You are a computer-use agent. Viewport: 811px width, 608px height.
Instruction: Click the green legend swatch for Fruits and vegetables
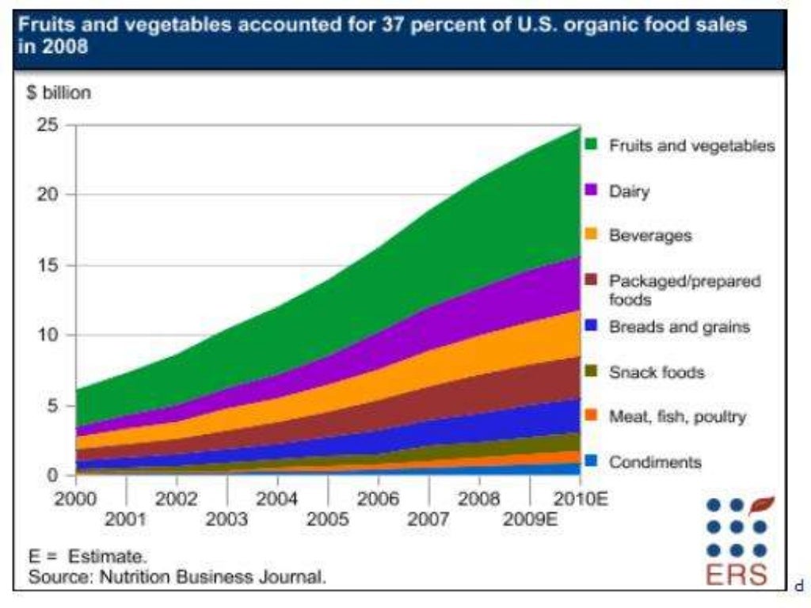click(x=590, y=145)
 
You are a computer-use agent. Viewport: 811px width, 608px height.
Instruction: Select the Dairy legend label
click(x=629, y=191)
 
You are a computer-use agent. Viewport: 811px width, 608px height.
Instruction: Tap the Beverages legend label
click(x=649, y=235)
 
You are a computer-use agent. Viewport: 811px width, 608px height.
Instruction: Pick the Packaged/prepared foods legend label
click(x=684, y=290)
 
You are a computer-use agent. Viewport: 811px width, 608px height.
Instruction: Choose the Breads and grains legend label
click(x=679, y=326)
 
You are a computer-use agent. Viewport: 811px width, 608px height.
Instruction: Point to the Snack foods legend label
click(x=656, y=371)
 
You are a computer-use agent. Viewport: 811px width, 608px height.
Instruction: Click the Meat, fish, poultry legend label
click(x=677, y=416)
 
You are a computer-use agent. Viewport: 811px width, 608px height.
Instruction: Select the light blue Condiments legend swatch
click(x=590, y=462)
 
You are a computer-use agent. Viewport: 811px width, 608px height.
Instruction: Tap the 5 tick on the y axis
click(x=51, y=405)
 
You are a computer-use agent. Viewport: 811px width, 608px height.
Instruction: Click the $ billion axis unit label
click(x=59, y=93)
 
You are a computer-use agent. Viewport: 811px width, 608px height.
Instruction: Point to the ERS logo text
click(x=737, y=575)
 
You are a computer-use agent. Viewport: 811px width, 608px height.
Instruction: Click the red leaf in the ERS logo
click(x=761, y=504)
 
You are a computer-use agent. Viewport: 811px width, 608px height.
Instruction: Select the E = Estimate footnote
click(x=88, y=557)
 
